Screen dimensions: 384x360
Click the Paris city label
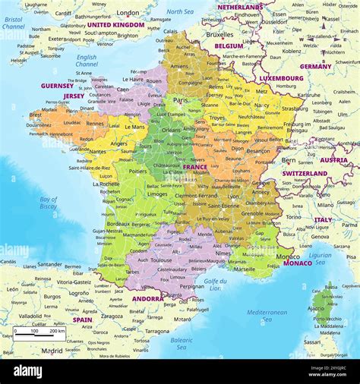[180, 100]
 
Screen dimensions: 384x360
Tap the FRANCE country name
[195, 167]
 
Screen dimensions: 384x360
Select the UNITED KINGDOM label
[115, 25]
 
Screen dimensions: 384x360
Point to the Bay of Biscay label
[48, 202]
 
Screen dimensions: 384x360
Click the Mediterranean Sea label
[267, 316]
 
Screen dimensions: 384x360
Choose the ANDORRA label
[147, 298]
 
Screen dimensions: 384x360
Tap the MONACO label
[297, 263]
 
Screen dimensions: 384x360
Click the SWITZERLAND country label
[305, 173]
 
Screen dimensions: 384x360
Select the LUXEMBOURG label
[281, 77]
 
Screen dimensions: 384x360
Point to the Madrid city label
[52, 351]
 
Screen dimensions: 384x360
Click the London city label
[128, 13]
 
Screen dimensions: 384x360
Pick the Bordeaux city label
[118, 224]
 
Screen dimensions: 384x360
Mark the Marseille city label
[245, 269]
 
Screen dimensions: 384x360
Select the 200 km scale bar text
[57, 331]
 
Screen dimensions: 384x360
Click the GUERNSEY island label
[57, 86]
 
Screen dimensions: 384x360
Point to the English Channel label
[87, 61]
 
